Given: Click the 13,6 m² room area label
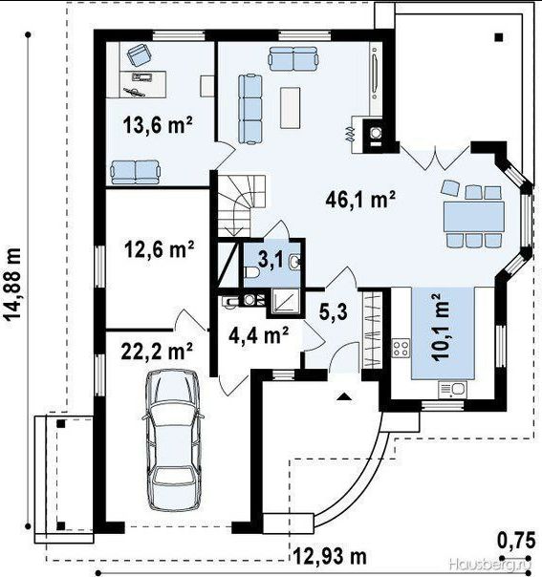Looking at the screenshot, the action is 158,125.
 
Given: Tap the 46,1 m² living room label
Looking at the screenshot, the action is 360,200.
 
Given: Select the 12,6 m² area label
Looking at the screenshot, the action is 159,249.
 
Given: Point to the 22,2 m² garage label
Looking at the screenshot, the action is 157,351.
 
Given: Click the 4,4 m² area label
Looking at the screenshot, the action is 258,335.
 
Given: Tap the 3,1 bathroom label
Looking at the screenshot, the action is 271,260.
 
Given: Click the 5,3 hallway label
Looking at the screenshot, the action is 333,311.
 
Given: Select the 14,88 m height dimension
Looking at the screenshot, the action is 12,285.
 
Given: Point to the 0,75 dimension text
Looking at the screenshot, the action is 516,541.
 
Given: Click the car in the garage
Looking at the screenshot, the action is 172,440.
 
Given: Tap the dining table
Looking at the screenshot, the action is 473,216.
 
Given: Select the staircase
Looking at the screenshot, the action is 242,205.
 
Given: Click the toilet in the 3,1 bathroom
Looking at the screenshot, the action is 251,272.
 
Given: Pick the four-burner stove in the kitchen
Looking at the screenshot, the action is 401,348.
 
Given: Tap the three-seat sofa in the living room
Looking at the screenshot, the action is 250,109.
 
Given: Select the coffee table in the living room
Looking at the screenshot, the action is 290,107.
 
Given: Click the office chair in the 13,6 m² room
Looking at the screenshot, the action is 140,54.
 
